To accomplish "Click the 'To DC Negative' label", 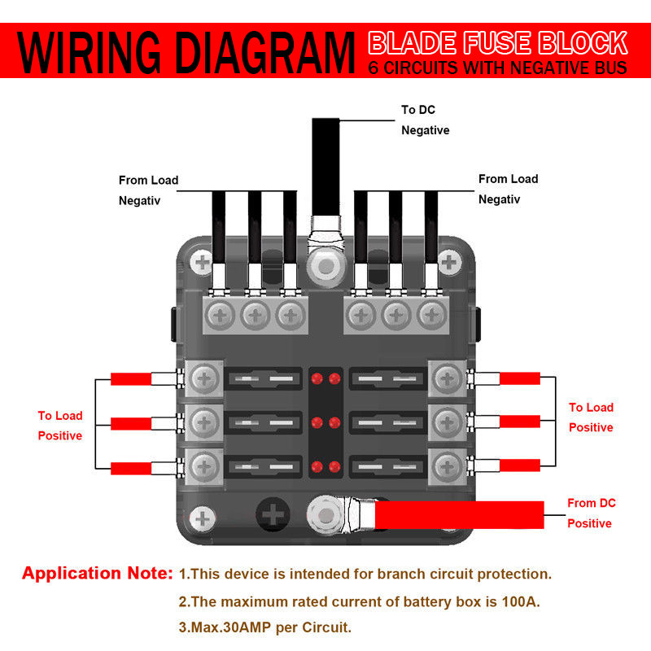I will (425, 120).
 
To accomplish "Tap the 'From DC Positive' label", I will (591, 513).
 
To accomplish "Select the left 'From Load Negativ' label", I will (148, 190).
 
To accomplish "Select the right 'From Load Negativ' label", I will (508, 189).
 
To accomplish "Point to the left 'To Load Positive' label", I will (60, 426).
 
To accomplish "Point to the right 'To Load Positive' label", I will (591, 417).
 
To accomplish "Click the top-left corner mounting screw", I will (202, 262).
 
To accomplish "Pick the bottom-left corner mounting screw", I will (202, 518).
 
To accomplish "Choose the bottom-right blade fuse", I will (386, 467).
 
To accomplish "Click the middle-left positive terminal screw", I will (206, 422).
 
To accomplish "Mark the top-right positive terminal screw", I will (446, 378).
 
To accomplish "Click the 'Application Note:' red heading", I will (97, 574).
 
